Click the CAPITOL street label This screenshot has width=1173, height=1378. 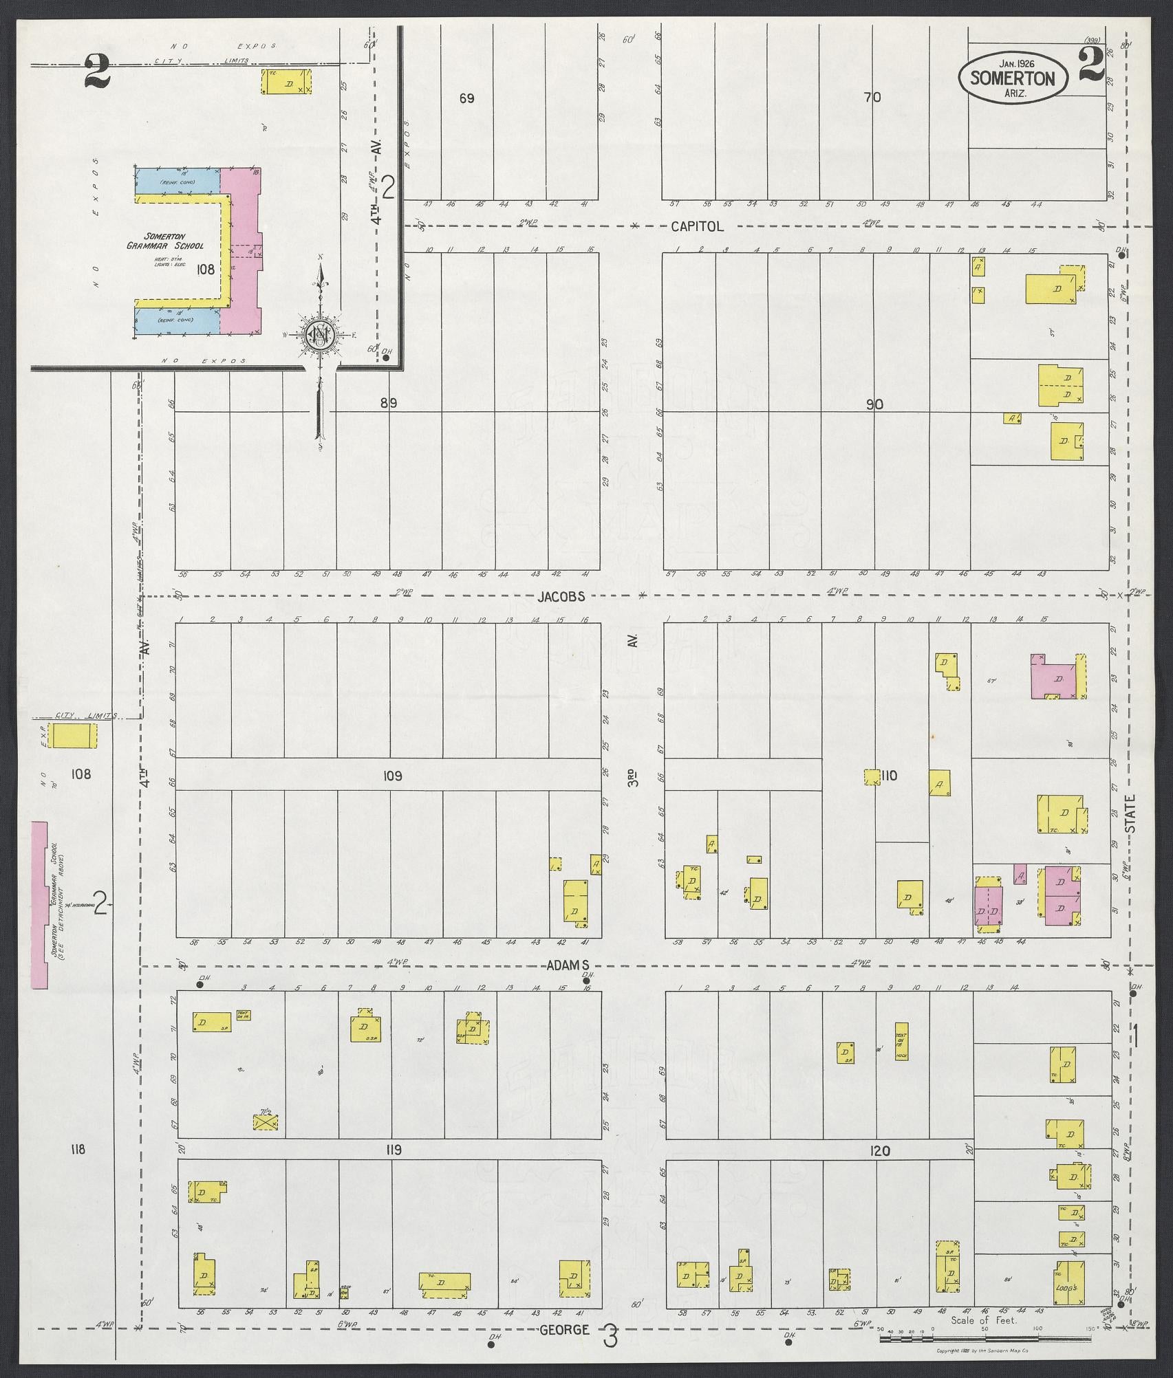coord(697,226)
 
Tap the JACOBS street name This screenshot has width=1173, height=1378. coord(561,596)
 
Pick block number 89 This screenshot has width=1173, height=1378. coord(389,404)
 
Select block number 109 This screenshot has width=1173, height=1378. coord(392,776)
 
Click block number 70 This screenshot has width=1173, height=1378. coord(872,98)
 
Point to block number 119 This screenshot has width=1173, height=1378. coord(394,1150)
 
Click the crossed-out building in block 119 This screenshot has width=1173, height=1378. coord(266,1123)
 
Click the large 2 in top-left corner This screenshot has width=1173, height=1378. coord(97,72)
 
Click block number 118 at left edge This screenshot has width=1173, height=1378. coord(78,1148)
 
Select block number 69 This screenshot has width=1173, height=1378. coord(466,98)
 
